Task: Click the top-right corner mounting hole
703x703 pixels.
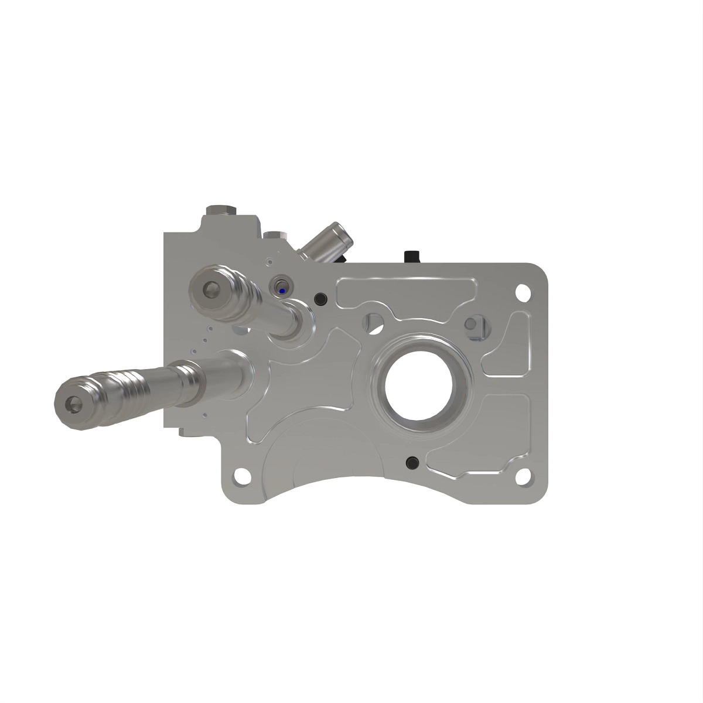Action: [521, 291]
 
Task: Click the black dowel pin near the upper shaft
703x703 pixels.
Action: [320, 298]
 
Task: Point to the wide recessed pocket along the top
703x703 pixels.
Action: [404, 291]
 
